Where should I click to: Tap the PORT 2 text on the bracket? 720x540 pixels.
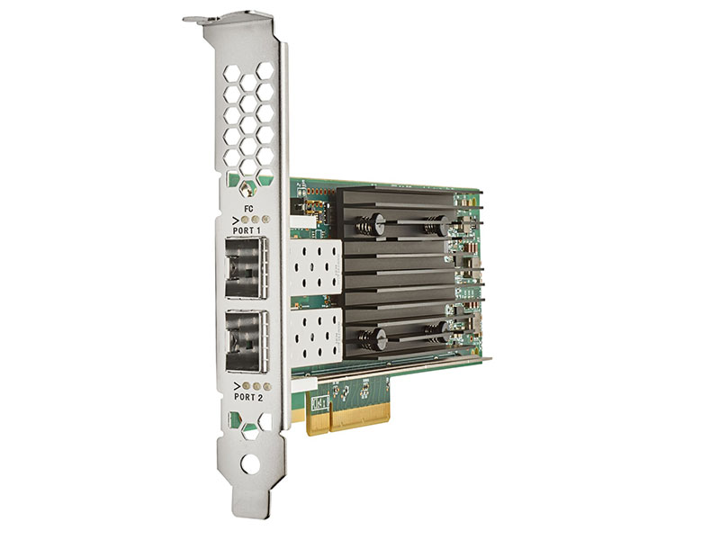tap(248, 394)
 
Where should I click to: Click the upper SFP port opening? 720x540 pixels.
tap(247, 267)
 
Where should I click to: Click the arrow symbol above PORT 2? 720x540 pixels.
tap(237, 384)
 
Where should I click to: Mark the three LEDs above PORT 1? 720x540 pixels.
tap(256, 218)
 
